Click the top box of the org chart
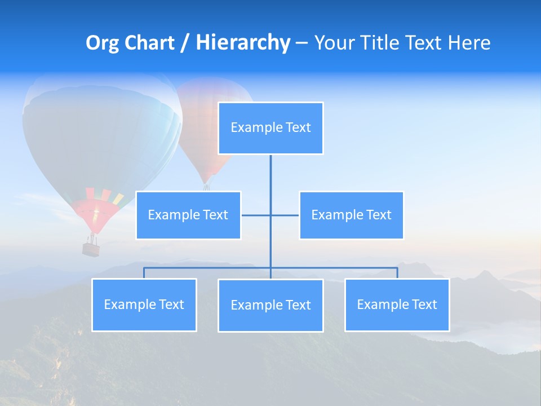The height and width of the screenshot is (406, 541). [270, 128]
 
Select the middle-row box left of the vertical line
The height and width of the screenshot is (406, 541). [188, 215]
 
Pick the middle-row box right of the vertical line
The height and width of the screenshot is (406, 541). [351, 215]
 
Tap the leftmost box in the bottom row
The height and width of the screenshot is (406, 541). [144, 304]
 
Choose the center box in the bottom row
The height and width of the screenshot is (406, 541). [270, 305]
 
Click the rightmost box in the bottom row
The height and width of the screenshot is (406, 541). [397, 304]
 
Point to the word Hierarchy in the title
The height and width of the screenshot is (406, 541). [243, 43]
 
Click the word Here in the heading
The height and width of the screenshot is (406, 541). [469, 43]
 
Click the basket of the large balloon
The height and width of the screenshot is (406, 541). [91, 248]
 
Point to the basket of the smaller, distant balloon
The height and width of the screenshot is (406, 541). [207, 187]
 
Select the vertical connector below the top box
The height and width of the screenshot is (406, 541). [270, 175]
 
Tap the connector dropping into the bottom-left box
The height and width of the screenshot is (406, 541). [144, 273]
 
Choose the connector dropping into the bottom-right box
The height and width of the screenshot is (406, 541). [397, 273]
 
